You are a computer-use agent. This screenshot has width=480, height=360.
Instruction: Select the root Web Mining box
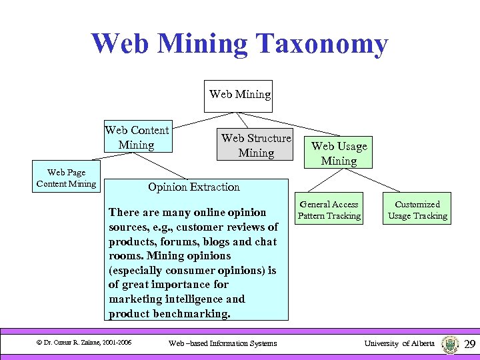(x=240, y=94)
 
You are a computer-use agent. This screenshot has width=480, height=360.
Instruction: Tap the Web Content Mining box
(x=137, y=137)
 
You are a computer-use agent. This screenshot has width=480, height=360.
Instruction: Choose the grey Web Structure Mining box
(x=256, y=145)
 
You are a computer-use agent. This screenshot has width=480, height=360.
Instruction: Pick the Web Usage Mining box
(x=339, y=153)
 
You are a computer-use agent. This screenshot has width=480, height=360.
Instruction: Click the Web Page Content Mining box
(x=66, y=177)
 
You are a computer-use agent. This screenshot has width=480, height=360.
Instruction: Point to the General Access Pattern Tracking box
(x=329, y=209)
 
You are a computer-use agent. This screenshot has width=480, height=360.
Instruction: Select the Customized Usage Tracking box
(x=417, y=209)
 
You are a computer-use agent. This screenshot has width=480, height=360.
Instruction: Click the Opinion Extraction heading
(x=194, y=187)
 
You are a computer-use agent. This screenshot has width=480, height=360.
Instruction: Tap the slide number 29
(x=469, y=343)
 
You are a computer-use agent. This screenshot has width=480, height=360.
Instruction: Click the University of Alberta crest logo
(x=450, y=343)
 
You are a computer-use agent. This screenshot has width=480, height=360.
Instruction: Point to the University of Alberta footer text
(x=399, y=343)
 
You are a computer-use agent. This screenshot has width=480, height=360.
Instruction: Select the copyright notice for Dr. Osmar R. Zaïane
(x=83, y=343)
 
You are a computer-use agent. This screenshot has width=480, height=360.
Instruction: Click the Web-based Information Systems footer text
(x=223, y=343)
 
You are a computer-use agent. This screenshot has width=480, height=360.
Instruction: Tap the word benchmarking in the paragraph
(x=191, y=313)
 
